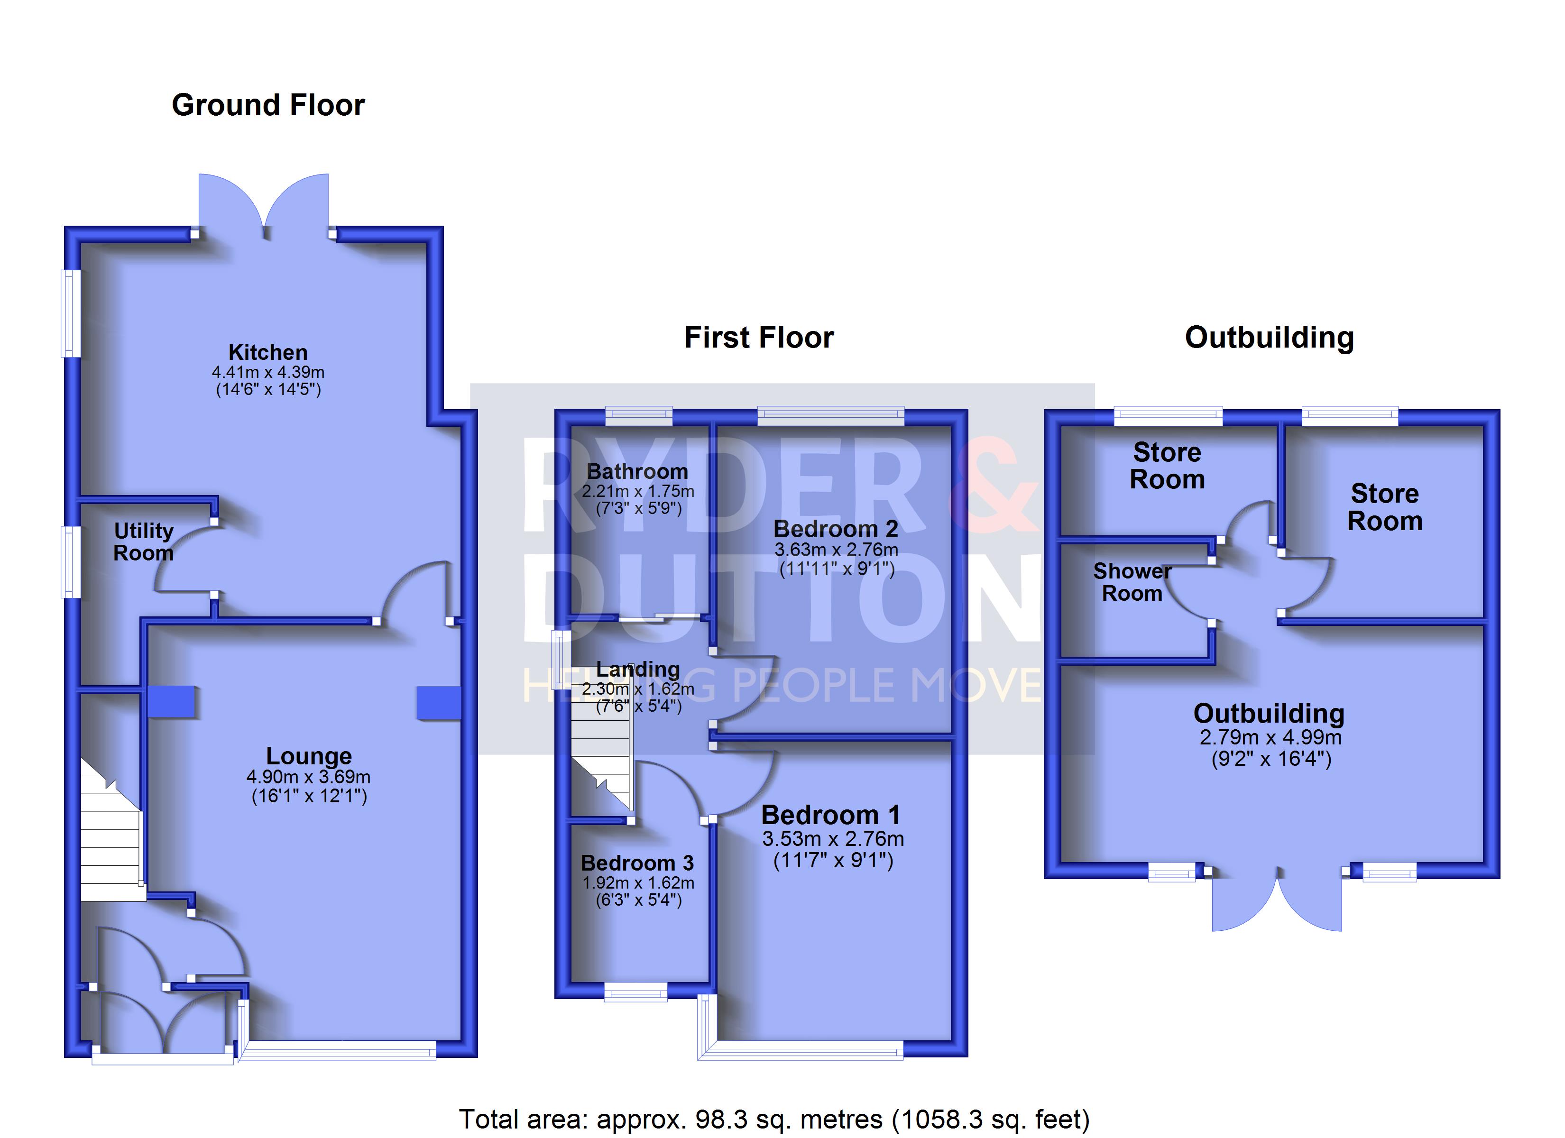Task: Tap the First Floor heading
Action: click(759, 338)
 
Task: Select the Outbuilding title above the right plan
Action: click(1269, 338)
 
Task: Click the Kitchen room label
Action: click(268, 353)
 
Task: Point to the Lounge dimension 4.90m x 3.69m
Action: click(308, 776)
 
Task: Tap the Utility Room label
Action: click(144, 542)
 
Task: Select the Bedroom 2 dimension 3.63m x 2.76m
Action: click(836, 550)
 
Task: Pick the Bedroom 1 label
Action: click(831, 815)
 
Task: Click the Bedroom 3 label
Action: click(637, 863)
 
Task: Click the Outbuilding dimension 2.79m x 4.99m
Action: click(1270, 737)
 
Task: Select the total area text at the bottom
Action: click(774, 1119)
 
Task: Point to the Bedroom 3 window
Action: click(635, 992)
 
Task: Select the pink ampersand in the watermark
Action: click(994, 485)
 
